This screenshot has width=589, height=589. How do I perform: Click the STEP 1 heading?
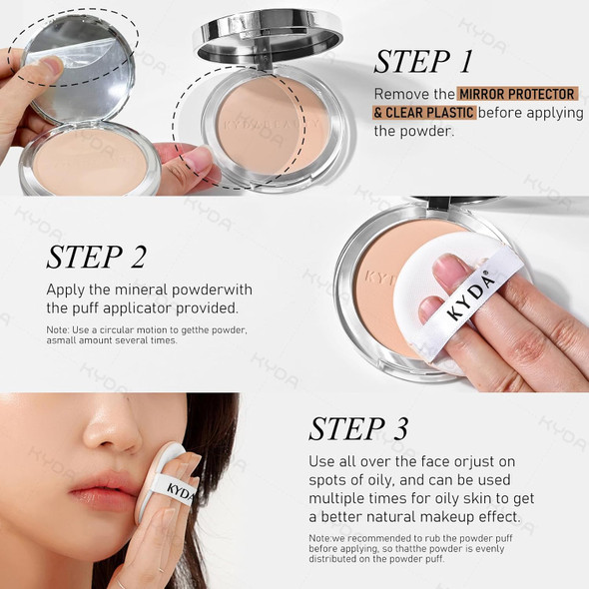[x=423, y=62]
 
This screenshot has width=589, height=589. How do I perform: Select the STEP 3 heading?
[x=358, y=428]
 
